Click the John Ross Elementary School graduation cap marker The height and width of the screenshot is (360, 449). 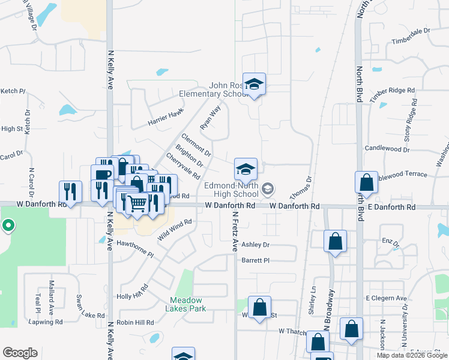pyautogui.click(x=254, y=84)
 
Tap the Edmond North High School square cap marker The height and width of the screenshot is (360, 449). pyautogui.click(x=246, y=169)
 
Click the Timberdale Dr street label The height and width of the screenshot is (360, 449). pyautogui.click(x=411, y=31)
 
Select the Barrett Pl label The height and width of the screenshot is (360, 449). pyautogui.click(x=256, y=260)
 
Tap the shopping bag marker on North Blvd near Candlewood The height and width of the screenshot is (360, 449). pyautogui.click(x=366, y=183)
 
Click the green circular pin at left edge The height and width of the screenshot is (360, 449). pyautogui.click(x=8, y=226)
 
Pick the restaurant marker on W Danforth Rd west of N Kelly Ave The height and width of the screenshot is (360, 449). pyautogui.click(x=70, y=192)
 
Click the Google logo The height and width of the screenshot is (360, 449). pyautogui.click(x=20, y=352)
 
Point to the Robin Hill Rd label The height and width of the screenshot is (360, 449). pyautogui.click(x=136, y=322)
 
